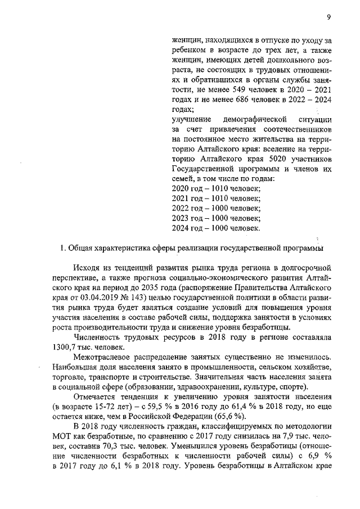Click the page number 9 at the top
tap(328, 17)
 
